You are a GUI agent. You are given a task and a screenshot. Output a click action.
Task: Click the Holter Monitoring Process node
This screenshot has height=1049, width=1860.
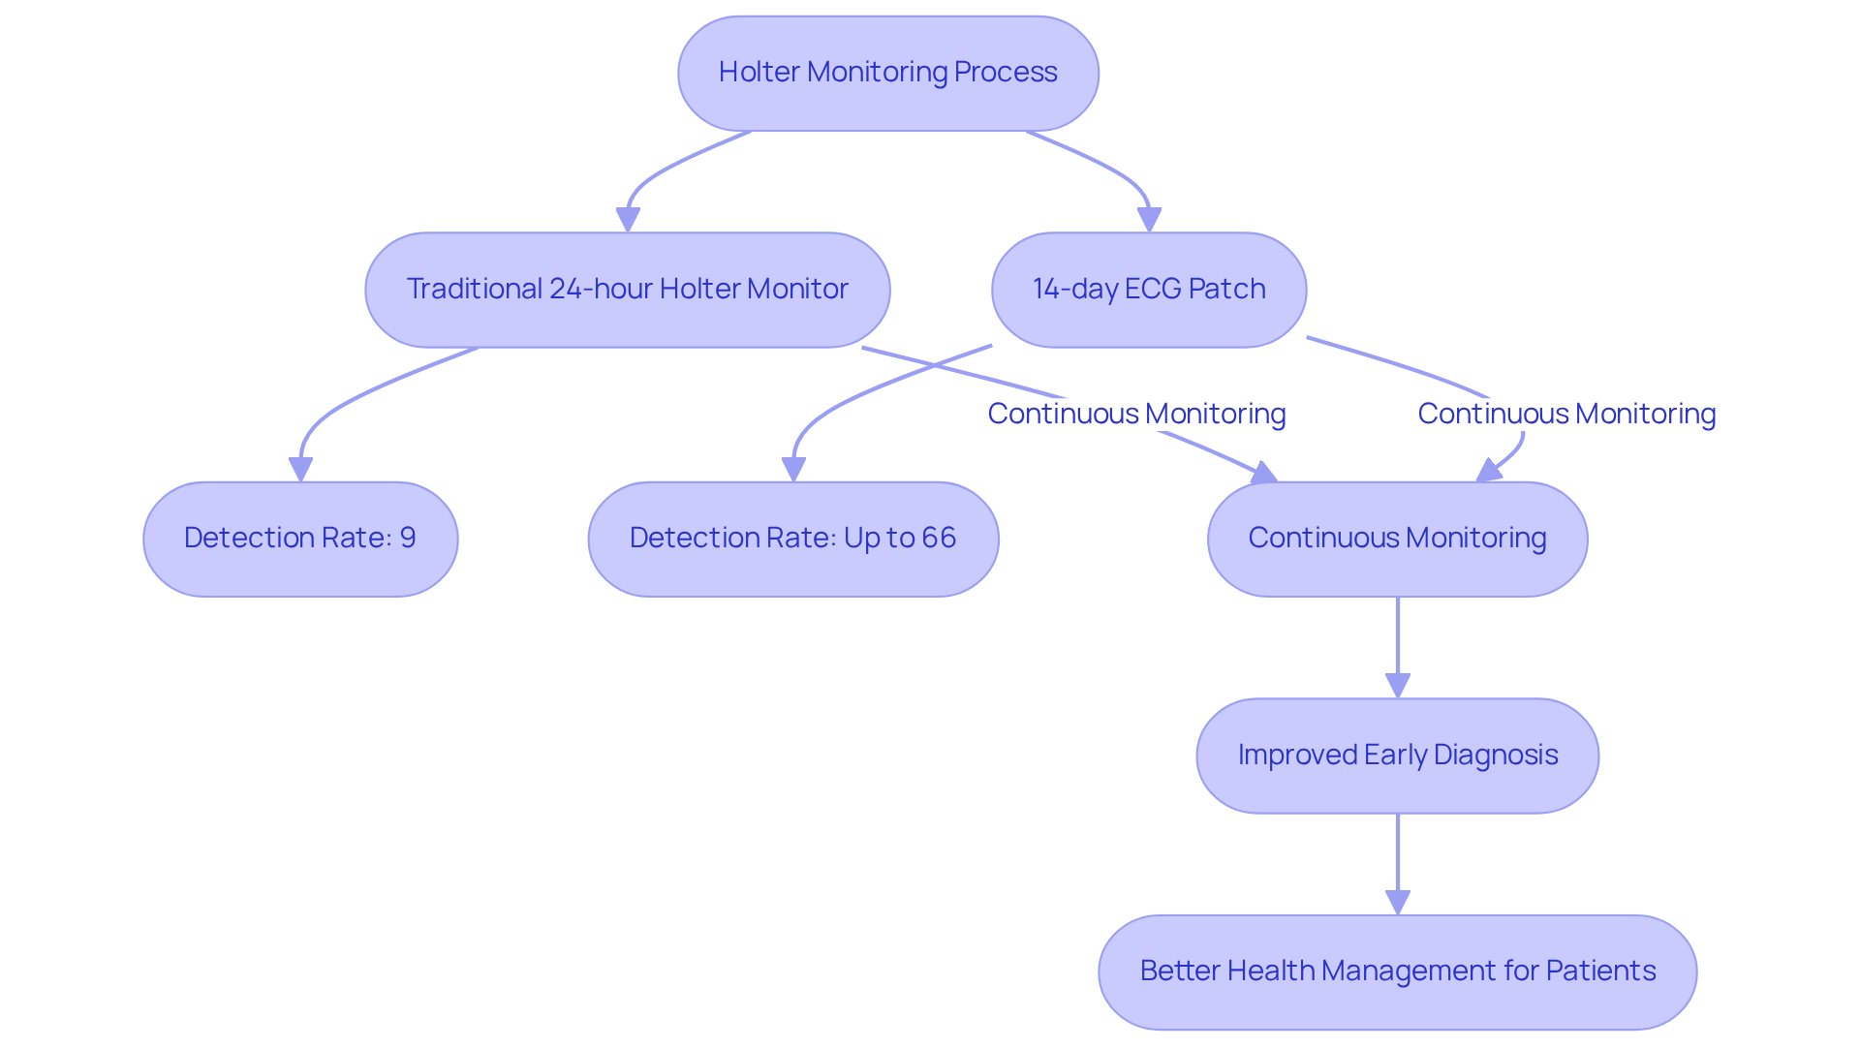pyautogui.click(x=887, y=73)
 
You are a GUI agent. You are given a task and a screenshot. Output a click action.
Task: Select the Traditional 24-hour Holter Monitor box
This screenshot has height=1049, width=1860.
pyautogui.click(x=627, y=289)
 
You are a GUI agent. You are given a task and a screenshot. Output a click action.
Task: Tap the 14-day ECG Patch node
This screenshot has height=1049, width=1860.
pyautogui.click(x=1148, y=289)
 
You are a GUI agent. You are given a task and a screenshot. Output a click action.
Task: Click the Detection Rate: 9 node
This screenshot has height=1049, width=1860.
pyautogui.click(x=300, y=539)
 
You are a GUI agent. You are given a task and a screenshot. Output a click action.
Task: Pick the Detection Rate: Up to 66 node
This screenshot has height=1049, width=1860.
pyautogui.click(x=792, y=539)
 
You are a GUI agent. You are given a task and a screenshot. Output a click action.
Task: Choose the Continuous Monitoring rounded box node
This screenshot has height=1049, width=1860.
pyautogui.click(x=1397, y=539)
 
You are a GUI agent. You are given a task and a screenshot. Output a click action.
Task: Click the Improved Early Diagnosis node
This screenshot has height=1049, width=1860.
pyautogui.click(x=1397, y=755)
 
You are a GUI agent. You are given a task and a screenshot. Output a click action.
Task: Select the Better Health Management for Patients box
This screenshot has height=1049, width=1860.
pyautogui.click(x=1397, y=972)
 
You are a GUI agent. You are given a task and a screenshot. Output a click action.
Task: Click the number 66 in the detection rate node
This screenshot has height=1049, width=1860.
pyautogui.click(x=939, y=538)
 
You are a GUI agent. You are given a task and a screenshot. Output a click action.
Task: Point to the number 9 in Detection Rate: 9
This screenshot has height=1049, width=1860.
pyautogui.click(x=408, y=538)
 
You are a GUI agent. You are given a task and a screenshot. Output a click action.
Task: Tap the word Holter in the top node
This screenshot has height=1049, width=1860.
pyautogui.click(x=759, y=72)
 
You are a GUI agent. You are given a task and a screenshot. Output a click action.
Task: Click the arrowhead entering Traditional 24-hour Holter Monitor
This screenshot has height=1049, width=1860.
pyautogui.click(x=628, y=220)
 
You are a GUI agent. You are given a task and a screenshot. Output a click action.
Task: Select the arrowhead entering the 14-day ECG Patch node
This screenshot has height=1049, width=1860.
pyautogui.click(x=1149, y=220)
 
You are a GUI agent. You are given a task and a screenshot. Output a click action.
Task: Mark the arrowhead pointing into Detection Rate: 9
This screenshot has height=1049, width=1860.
pyautogui.click(x=300, y=469)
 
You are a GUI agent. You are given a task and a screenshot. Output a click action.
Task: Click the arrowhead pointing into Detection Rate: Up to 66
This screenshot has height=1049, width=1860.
pyautogui.click(x=793, y=469)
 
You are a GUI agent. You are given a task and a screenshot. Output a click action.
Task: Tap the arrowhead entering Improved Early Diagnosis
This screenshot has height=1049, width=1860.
pyautogui.click(x=1397, y=686)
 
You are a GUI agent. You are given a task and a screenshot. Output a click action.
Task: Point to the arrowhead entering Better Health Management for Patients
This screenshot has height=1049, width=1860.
pyautogui.click(x=1397, y=903)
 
